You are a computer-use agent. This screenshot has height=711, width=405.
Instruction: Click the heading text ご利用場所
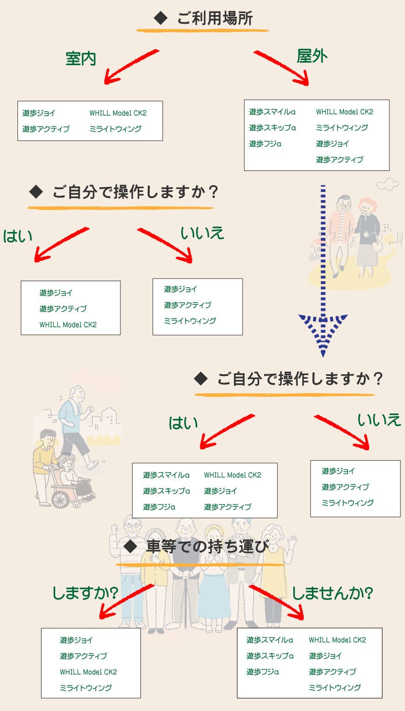click(x=214, y=19)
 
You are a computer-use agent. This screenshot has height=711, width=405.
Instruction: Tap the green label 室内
click(x=81, y=59)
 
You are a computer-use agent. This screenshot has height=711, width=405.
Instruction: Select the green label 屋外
click(x=312, y=56)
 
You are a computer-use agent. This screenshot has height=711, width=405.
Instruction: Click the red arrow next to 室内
click(x=130, y=67)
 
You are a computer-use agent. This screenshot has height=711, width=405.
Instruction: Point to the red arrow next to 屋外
click(x=281, y=68)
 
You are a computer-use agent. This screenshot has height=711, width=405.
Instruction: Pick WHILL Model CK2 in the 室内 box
click(x=118, y=113)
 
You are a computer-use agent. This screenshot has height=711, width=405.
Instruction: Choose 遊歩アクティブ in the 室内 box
click(x=46, y=129)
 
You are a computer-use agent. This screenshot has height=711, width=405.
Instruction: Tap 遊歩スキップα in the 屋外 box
click(x=272, y=128)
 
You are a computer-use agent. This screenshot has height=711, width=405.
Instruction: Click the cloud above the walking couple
click(x=388, y=184)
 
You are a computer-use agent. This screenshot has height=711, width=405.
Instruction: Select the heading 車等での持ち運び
click(x=206, y=546)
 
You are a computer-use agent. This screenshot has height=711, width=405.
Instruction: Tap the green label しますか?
click(x=85, y=593)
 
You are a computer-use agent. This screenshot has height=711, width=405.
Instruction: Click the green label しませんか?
click(x=332, y=593)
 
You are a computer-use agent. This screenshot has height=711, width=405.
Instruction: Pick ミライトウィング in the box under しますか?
click(x=86, y=688)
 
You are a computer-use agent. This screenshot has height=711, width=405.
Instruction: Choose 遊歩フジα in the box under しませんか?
click(x=263, y=672)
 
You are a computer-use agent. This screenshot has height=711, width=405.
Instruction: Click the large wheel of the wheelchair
click(x=61, y=498)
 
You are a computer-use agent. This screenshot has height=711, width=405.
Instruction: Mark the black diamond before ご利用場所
click(x=161, y=19)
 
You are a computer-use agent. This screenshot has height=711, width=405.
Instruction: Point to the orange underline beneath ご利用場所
click(x=202, y=31)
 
